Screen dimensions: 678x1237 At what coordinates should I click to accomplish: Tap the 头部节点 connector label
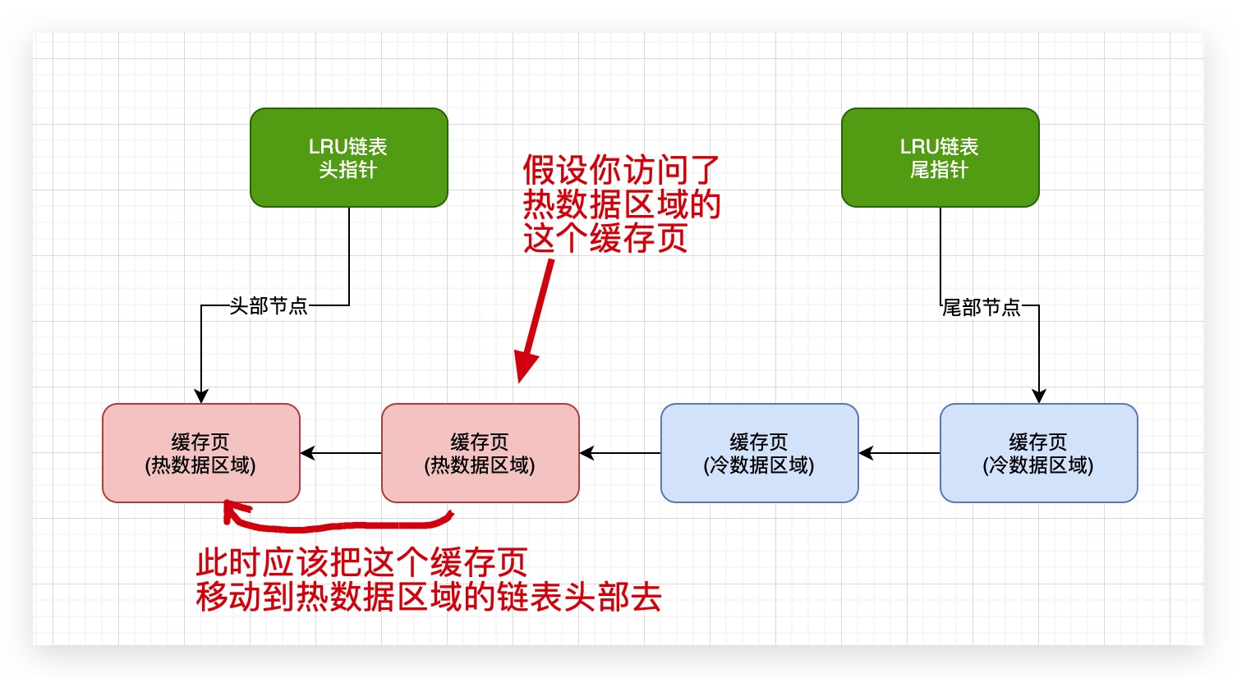269,306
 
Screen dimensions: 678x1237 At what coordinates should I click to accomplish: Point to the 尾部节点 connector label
981,308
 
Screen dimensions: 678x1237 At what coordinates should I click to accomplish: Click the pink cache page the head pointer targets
200,453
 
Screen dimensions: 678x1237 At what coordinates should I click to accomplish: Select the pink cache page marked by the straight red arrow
480,453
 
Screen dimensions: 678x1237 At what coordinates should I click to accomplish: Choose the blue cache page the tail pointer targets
1038,453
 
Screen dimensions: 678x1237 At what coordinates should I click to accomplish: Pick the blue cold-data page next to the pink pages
759,453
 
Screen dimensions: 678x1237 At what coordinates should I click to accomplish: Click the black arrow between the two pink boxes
341,453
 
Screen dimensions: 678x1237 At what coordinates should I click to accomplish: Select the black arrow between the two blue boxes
899,453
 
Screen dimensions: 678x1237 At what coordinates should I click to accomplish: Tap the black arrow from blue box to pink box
620,453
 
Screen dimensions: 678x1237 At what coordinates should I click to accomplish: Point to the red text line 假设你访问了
621,171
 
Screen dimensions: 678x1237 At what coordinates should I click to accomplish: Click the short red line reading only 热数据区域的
622,204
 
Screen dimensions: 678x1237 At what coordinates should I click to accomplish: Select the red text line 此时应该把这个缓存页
361,563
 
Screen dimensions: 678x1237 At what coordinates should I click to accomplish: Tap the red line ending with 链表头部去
429,598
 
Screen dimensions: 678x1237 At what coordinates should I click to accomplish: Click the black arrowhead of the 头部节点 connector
201,396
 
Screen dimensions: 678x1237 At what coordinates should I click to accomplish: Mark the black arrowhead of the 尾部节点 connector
1039,396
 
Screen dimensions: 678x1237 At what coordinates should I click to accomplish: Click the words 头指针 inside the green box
348,170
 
